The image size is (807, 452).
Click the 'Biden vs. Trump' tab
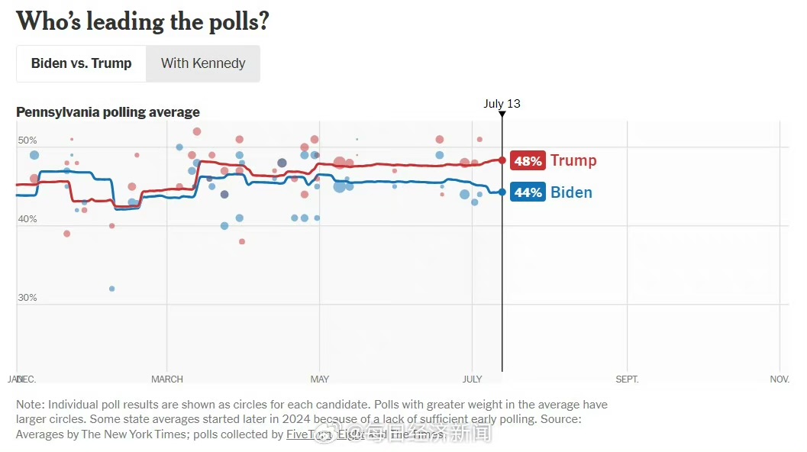point(81,63)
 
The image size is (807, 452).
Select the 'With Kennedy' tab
point(203,63)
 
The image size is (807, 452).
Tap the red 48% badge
point(528,161)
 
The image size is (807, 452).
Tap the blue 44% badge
point(528,192)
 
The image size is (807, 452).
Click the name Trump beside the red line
point(573,160)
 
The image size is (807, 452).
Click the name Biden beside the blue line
point(571,192)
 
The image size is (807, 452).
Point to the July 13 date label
point(502,104)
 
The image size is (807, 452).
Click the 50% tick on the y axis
point(27,140)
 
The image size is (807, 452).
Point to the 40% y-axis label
point(27,219)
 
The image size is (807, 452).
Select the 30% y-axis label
point(27,298)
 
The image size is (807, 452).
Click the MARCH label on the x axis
point(167,379)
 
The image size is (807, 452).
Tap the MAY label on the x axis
point(320,379)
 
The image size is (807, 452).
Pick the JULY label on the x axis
point(473,379)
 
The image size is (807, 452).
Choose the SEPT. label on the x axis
point(627,379)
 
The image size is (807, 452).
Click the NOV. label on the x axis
point(780,379)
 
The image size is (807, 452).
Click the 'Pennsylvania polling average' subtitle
point(108,112)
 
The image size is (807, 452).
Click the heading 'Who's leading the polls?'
point(143,21)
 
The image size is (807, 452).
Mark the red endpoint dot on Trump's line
point(502,160)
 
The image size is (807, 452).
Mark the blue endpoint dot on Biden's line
point(502,192)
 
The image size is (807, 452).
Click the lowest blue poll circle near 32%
point(111,289)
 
